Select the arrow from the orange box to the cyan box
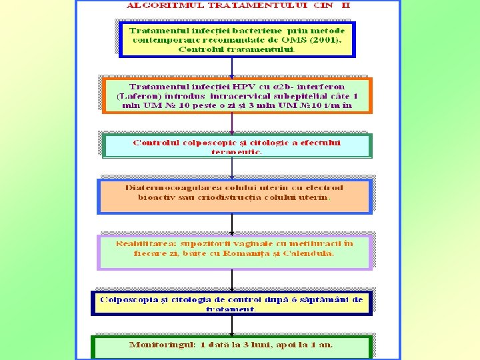click(x=231, y=123)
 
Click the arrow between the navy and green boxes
click(x=231, y=325)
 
